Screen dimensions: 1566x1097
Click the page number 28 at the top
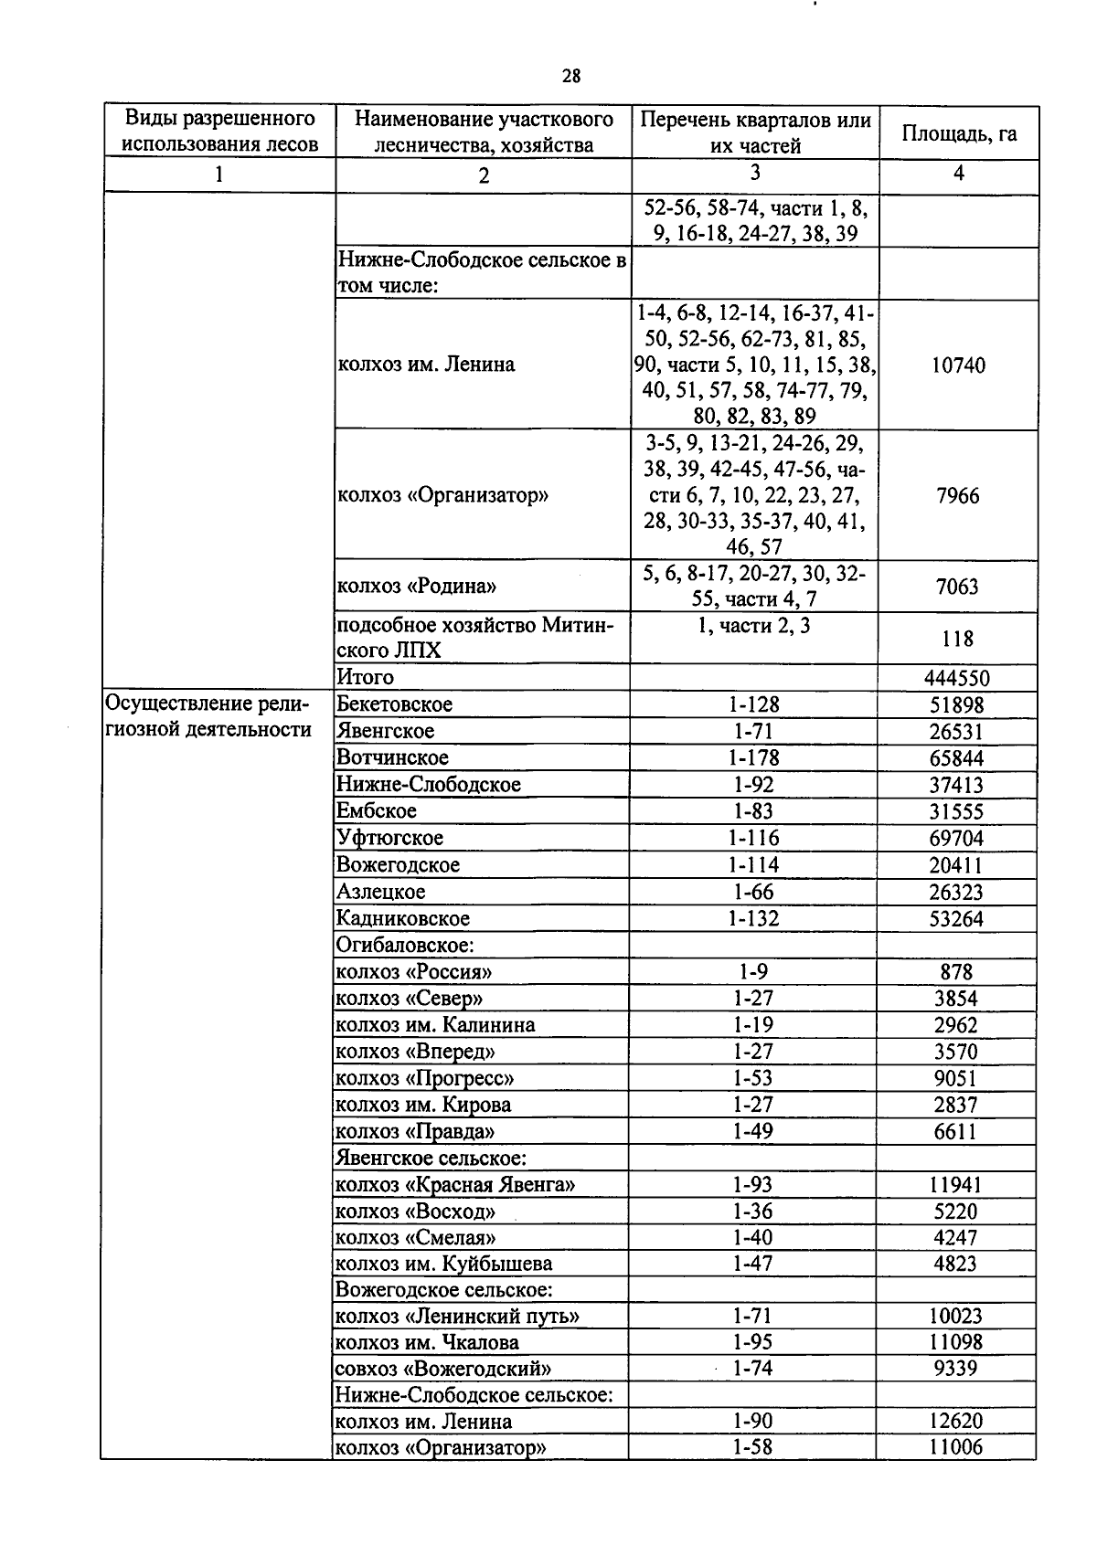coord(570,76)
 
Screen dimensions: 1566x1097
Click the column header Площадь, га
coord(959,133)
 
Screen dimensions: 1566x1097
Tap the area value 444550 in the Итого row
coord(957,678)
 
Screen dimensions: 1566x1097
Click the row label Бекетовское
coord(394,704)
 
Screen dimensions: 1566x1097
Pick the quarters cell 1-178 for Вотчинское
coord(753,757)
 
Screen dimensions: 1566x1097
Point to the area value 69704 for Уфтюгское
coord(956,838)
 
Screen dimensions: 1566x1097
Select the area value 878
coord(956,971)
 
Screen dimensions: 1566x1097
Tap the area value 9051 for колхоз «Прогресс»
coord(956,1078)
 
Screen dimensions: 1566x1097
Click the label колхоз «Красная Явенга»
coord(455,1185)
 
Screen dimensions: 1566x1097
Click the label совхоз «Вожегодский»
coord(444,1369)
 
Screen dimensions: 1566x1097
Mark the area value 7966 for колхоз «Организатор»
coord(957,496)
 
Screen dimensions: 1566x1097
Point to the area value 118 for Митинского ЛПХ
coord(957,639)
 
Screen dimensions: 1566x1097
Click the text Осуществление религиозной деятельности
coord(208,717)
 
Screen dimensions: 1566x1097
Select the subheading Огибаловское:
coord(405,945)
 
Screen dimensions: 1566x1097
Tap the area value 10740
coord(957,365)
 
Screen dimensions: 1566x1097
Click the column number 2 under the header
coord(483,175)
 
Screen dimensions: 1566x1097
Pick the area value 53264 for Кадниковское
coord(956,918)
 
